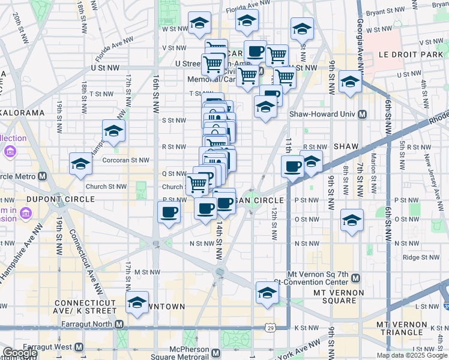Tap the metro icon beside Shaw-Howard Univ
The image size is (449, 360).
[362, 114]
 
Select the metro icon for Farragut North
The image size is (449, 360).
[119, 325]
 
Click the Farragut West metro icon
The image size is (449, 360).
[79, 347]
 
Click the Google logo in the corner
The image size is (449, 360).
[19, 353]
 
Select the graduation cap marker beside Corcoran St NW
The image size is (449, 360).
[80, 164]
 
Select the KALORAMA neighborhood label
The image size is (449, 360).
[23, 112]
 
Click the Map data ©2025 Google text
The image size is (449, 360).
[412, 355]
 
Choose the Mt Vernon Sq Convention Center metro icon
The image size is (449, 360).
[355, 278]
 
